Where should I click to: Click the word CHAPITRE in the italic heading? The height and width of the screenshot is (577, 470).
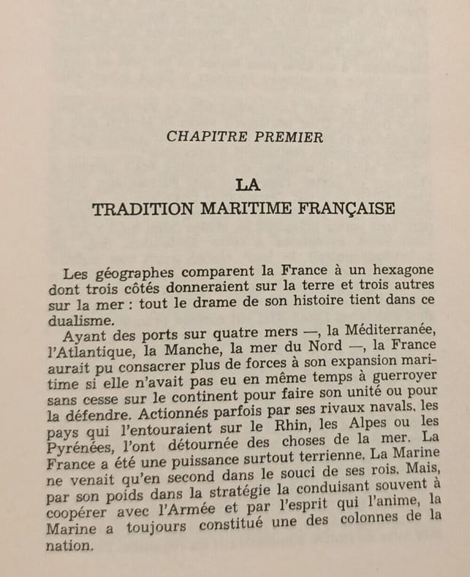click(x=200, y=137)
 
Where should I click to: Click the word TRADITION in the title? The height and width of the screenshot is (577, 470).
click(x=141, y=209)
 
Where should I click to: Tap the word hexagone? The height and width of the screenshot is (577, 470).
click(x=399, y=270)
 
